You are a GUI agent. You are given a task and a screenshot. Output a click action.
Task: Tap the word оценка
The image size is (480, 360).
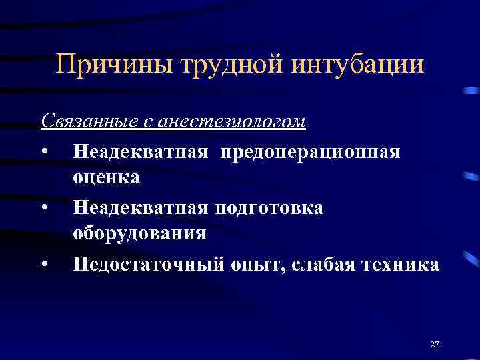point(107,177)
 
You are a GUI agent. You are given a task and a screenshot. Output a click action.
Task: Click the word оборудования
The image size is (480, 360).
point(140,233)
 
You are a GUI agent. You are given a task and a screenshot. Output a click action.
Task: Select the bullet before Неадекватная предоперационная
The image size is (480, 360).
point(43,153)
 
